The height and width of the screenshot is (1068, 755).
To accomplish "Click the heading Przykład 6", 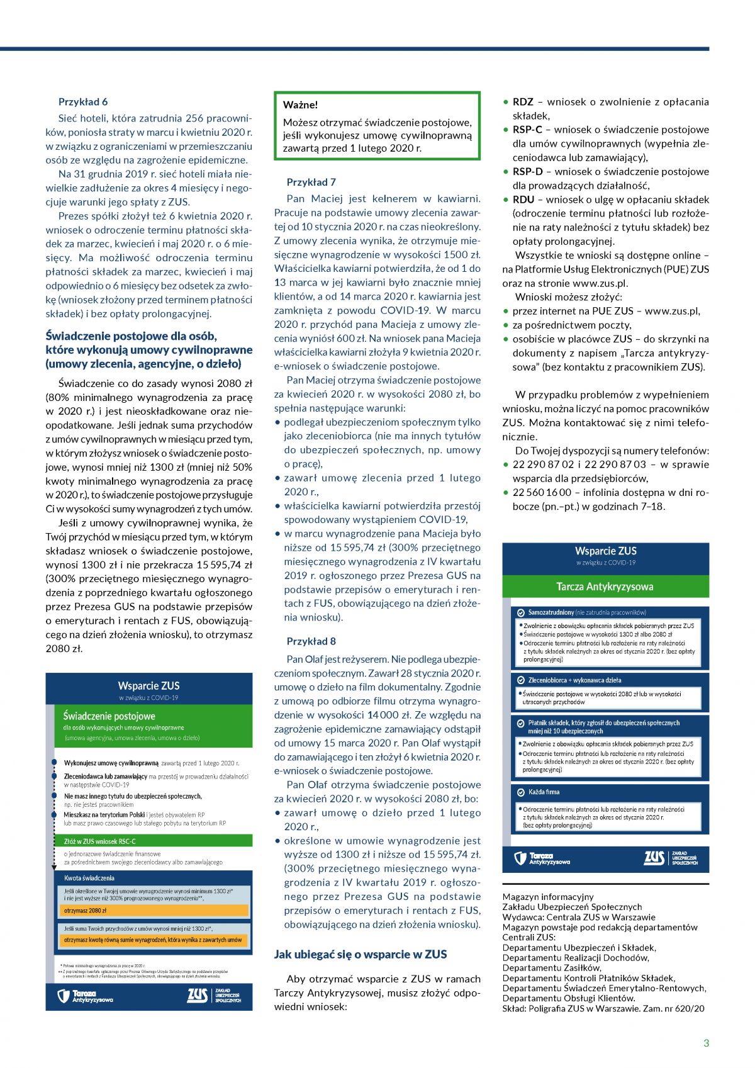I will tap(83, 102).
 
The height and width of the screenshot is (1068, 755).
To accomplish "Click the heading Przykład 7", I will tap(311, 183).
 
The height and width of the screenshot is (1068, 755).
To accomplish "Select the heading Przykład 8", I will tap(311, 641).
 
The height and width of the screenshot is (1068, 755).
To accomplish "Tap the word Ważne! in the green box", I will tap(300, 105).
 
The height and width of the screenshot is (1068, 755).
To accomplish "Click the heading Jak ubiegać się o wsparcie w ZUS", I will tap(360, 954).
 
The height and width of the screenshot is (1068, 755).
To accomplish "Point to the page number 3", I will tap(706, 1043).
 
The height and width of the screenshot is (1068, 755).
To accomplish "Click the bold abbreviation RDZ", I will tap(523, 102).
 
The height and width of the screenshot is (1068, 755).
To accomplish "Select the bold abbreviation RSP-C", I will tap(527, 130).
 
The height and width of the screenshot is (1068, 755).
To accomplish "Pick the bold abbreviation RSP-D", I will tap(527, 172).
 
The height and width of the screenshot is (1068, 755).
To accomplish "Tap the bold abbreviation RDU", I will tap(523, 200).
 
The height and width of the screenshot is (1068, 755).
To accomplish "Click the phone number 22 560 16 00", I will tap(542, 492).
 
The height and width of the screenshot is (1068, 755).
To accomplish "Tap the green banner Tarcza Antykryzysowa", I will tap(605, 587).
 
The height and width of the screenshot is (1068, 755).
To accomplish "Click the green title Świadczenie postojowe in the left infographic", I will tap(109, 716).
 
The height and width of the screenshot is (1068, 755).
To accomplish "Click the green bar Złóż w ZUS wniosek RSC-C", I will tap(100, 841).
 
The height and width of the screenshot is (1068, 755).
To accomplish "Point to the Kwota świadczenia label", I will tap(89, 878).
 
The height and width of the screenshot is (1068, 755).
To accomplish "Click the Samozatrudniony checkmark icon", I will tap(520, 612).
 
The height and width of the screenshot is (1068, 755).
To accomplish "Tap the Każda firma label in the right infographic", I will tap(544, 792).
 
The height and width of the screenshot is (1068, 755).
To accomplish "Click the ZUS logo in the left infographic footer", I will tap(197, 996).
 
